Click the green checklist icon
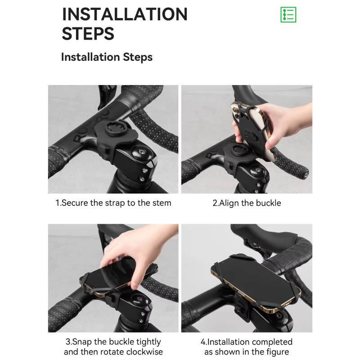288,15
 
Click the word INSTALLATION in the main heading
125,14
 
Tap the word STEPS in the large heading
88,33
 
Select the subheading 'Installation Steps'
107,57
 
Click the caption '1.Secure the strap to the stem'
113,203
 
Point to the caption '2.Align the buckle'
247,203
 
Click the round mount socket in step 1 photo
113,130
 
